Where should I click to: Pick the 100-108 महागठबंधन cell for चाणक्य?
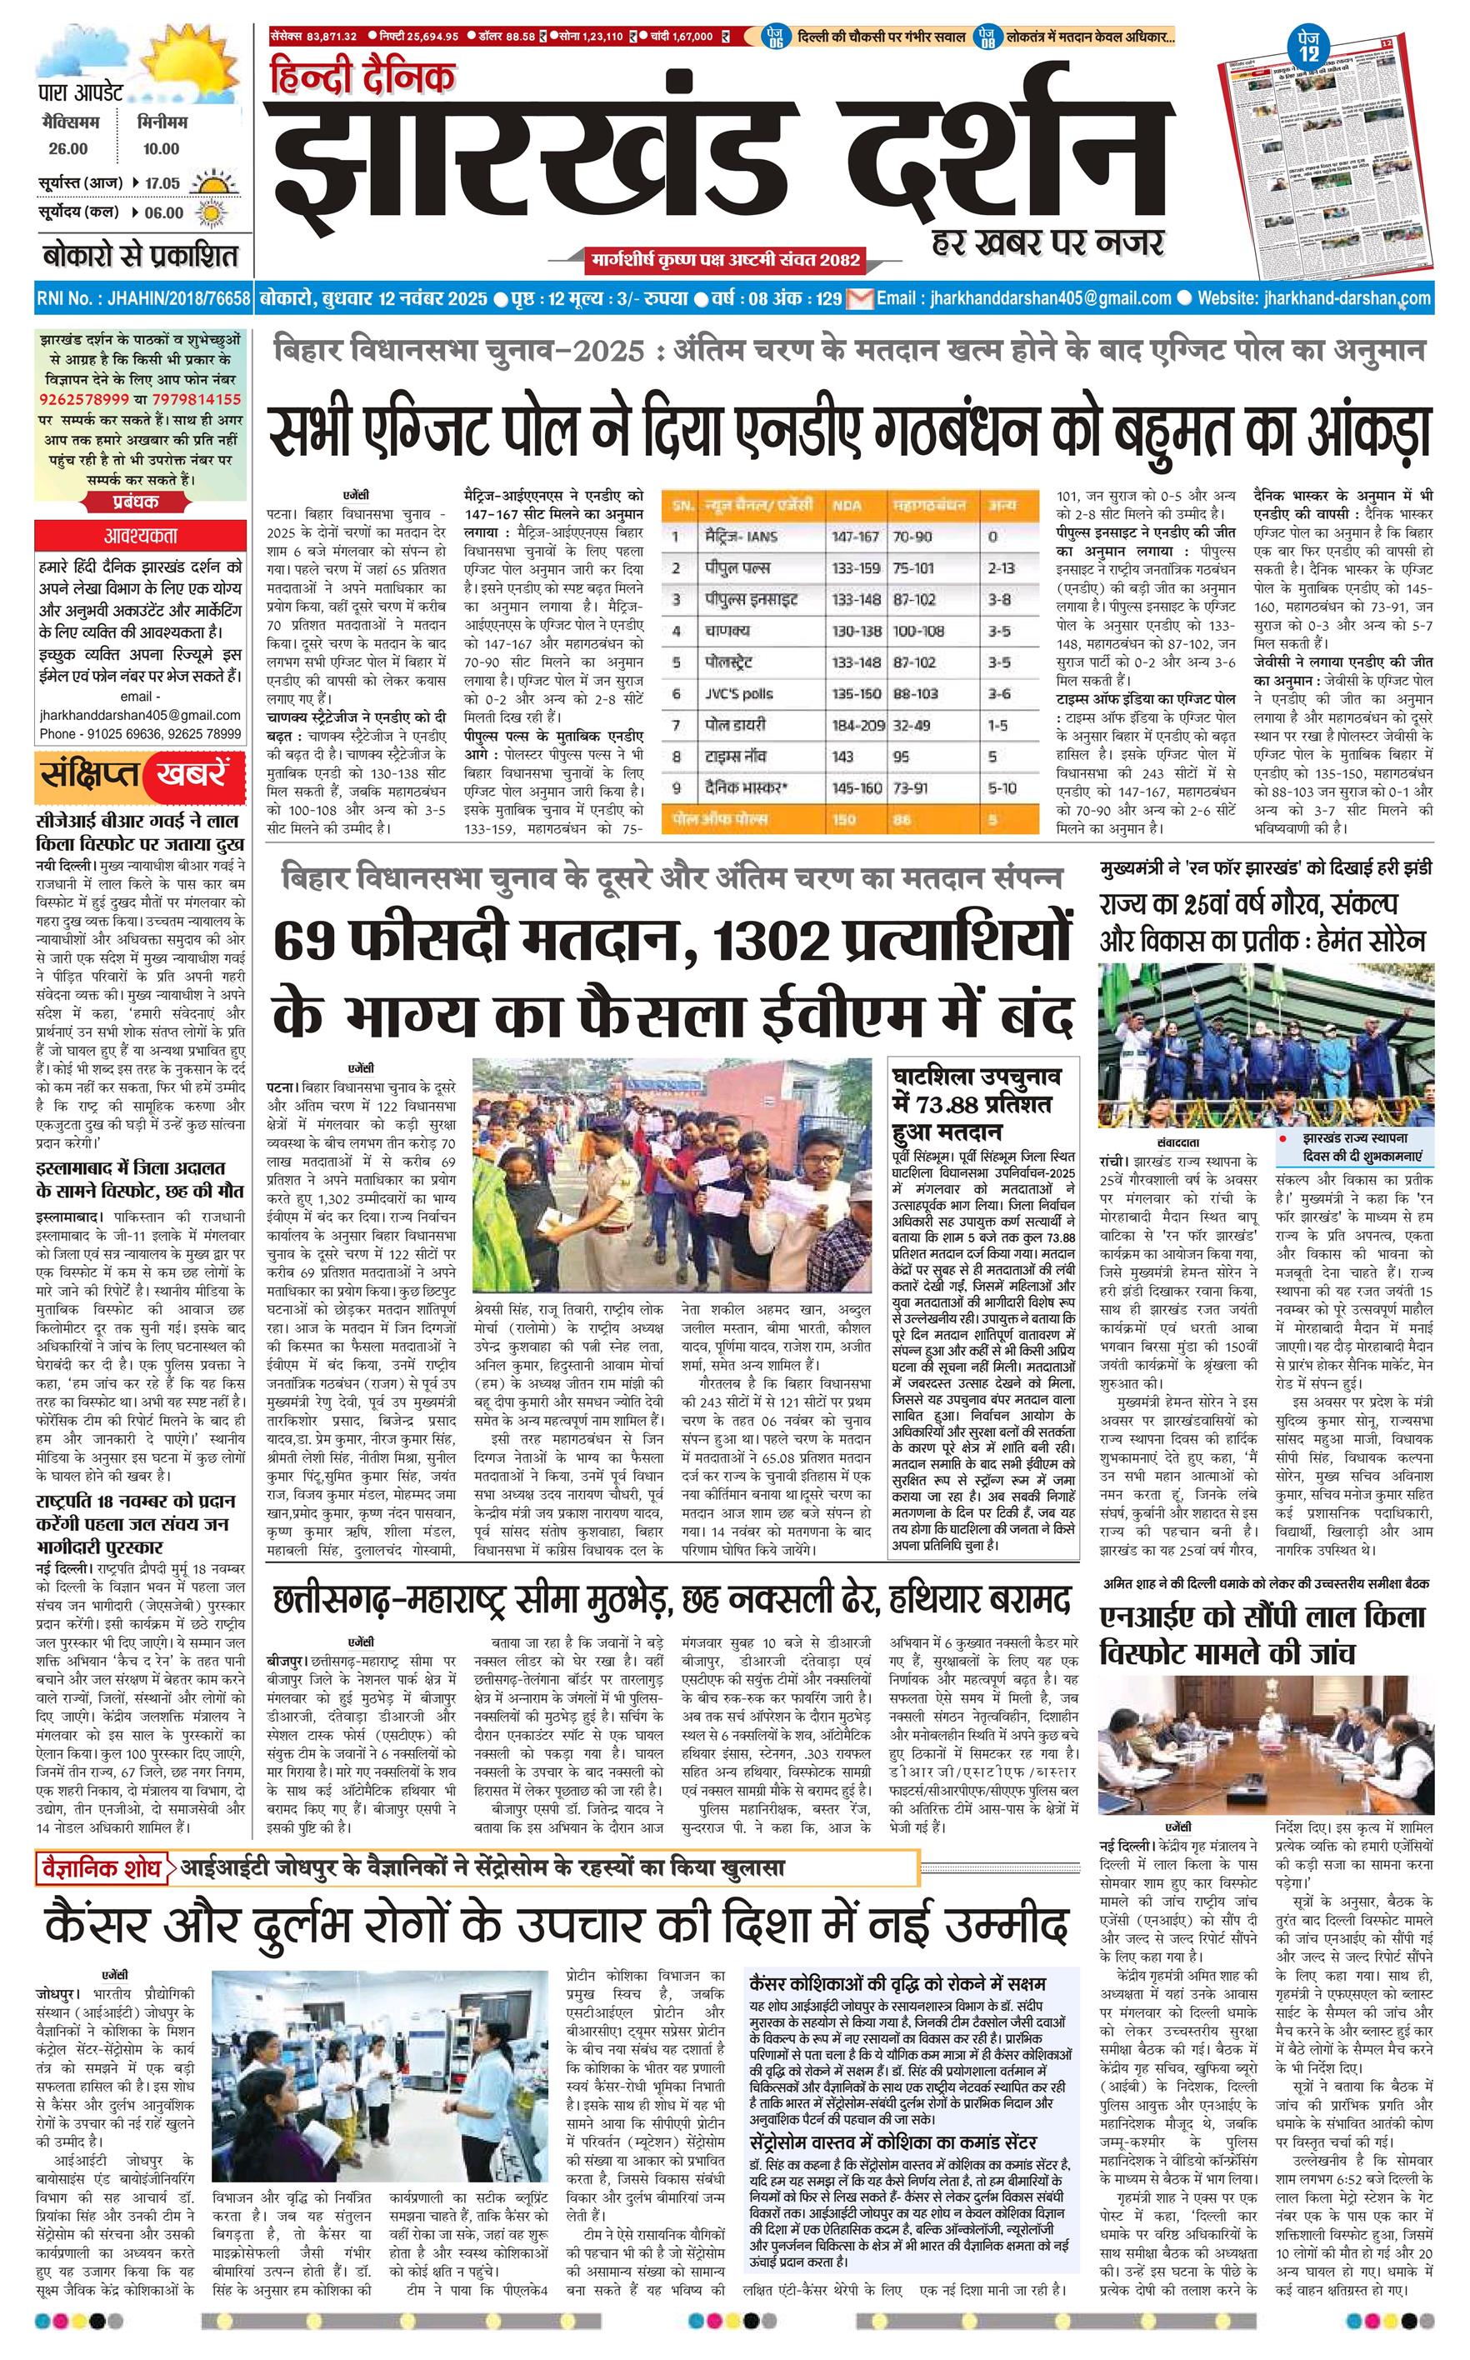(x=917, y=631)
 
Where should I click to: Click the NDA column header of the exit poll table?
(x=846, y=506)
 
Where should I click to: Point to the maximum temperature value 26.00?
(x=68, y=148)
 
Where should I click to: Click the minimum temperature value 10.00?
(x=158, y=148)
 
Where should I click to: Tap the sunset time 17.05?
(x=162, y=182)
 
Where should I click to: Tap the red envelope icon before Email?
(x=859, y=298)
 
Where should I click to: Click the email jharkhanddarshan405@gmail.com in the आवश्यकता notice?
(x=140, y=714)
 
